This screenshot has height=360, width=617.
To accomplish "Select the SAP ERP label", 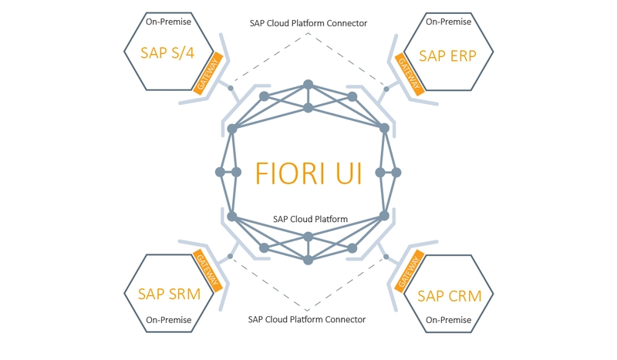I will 448,55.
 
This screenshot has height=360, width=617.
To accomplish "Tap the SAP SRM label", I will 169,294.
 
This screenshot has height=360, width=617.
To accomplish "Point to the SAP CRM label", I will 447,295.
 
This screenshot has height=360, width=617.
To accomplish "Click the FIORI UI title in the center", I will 308,173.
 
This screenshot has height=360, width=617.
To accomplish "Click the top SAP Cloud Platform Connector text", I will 308,23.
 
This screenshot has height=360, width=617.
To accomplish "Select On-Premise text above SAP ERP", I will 448,22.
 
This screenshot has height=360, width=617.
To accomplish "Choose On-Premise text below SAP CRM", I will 448,320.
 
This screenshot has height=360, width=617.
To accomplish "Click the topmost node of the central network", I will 308,83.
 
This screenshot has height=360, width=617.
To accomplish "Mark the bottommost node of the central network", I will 308,261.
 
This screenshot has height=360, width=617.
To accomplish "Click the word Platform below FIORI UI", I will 328,219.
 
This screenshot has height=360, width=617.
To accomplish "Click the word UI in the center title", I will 347,173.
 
